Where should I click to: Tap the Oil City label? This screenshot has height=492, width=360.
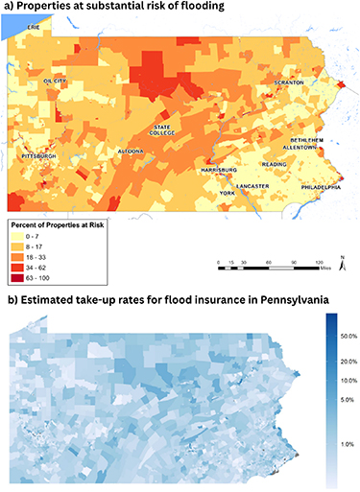[59, 82]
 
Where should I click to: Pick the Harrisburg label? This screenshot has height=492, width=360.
[220, 169]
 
